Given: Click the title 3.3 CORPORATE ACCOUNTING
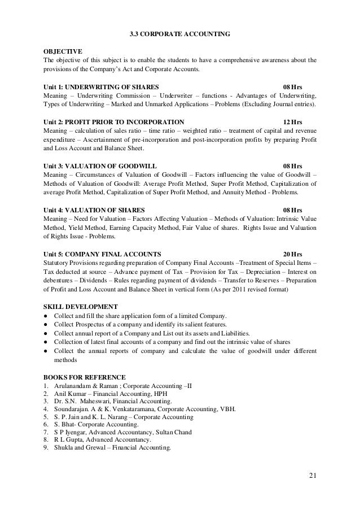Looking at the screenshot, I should point(179,34).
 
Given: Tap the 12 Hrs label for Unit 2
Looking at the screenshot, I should point(292,121).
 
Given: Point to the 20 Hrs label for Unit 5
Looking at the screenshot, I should point(292,254).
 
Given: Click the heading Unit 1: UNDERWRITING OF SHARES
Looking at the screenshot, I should point(100,86).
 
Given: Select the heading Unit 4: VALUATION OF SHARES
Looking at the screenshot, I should point(93,210).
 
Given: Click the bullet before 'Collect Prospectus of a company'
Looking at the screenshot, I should point(45,325).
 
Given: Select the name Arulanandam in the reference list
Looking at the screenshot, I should point(73,386).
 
